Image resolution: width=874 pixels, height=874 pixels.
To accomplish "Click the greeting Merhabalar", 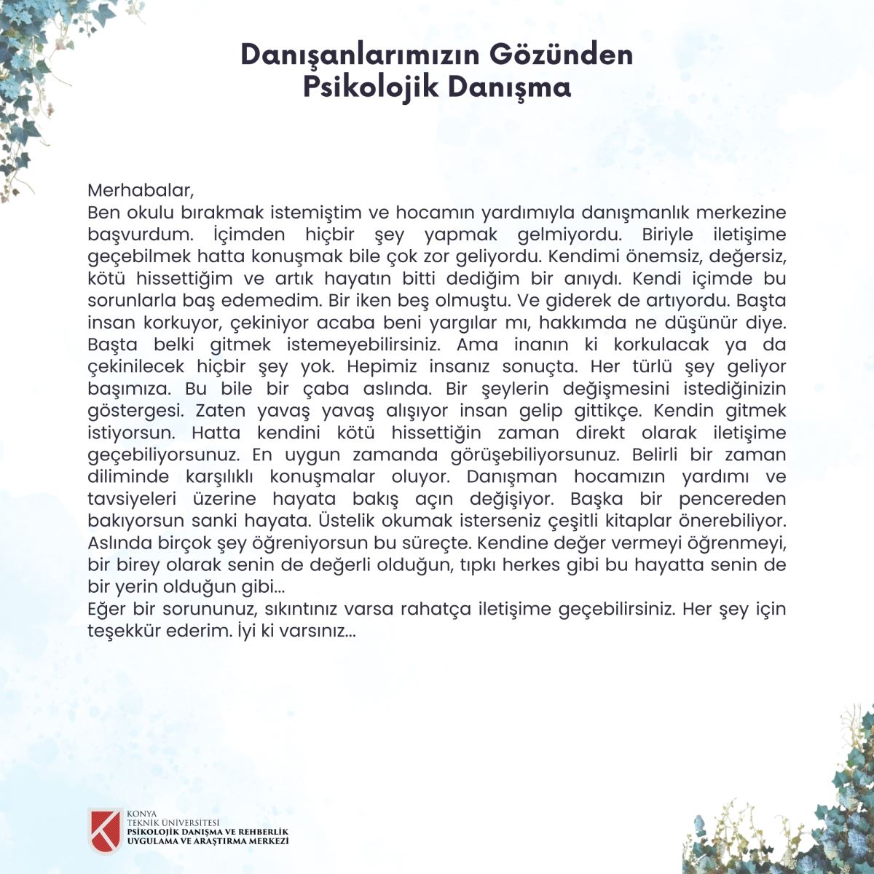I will [x=141, y=191].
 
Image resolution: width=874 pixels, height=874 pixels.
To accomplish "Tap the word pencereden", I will [x=733, y=499].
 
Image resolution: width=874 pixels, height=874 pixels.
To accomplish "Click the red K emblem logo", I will [x=104, y=830].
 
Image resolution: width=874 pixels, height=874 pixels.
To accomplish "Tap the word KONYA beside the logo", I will [x=141, y=814].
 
